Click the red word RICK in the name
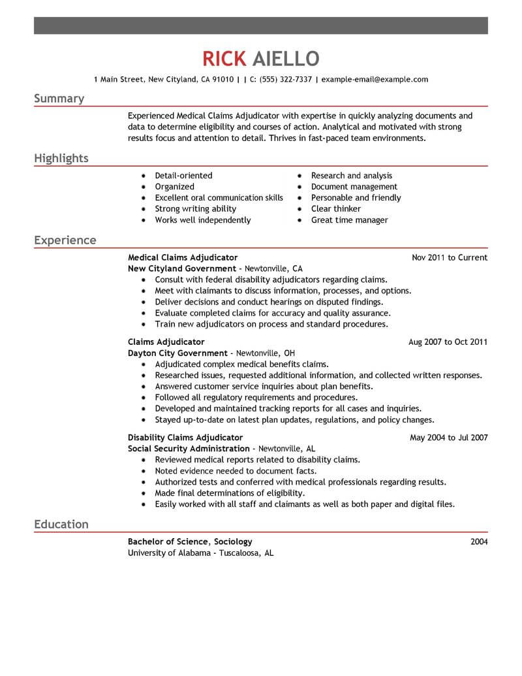224,59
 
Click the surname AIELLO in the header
285,59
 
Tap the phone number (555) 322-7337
285,80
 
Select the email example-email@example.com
375,80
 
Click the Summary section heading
59,99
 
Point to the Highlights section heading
61,159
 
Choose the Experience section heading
65,240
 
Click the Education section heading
61,524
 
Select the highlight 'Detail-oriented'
183,176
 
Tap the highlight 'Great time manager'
349,220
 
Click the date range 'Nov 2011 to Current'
450,258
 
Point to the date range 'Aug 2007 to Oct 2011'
448,342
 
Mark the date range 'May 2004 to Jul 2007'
448,438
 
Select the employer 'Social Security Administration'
189,449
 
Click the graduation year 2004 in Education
478,541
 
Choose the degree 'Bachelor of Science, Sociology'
190,541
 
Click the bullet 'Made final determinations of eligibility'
229,493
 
